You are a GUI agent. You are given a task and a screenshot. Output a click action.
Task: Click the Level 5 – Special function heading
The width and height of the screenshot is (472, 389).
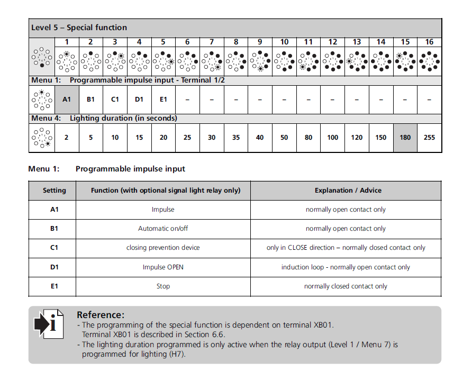pos(79,28)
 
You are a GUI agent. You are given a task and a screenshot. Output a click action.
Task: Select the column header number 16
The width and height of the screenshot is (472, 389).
pos(429,42)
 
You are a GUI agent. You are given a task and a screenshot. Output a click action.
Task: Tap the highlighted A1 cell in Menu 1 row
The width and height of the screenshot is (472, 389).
pos(67,99)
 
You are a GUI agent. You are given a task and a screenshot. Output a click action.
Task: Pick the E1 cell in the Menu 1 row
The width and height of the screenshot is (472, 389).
pos(164,99)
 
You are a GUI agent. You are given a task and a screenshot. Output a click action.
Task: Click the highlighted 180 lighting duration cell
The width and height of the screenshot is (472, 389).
pos(405,138)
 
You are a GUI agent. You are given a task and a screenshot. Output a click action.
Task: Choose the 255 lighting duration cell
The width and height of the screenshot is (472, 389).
pos(429,138)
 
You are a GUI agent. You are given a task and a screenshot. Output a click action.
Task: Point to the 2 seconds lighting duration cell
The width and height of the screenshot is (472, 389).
pos(67,138)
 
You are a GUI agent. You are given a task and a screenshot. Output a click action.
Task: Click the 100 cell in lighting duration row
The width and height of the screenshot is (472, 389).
pos(332,138)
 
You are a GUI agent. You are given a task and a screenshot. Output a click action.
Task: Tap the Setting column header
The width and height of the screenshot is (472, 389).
pos(54,191)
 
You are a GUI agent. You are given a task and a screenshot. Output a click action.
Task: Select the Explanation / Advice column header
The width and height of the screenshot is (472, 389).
pos(348,191)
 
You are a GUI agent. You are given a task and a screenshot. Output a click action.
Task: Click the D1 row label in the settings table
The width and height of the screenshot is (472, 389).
pos(54,267)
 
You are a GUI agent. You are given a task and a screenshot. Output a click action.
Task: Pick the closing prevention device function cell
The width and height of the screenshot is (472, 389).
pos(163,248)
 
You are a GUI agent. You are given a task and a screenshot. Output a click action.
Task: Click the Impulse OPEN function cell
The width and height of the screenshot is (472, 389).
pos(163,267)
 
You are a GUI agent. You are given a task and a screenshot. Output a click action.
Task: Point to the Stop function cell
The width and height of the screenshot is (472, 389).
pos(163,286)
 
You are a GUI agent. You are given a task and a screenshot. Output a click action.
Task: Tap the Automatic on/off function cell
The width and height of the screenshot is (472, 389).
pos(163,229)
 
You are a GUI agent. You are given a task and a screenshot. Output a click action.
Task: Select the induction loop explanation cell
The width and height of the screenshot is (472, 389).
pos(346,267)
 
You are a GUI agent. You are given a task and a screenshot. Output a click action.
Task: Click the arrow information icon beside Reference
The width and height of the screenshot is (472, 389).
pos(49,323)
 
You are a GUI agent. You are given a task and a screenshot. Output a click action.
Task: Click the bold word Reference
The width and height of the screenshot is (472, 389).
pos(101,315)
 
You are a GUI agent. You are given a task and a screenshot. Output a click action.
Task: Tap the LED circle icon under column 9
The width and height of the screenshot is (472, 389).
pos(260,61)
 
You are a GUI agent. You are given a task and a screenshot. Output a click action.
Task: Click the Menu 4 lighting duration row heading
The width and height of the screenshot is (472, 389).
pos(104,119)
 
